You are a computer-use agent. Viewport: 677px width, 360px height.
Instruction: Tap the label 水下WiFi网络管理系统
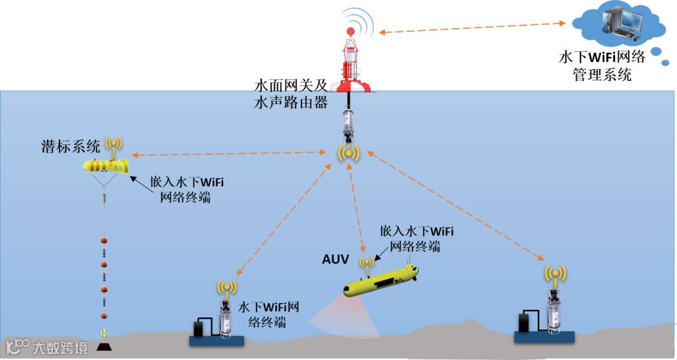[x=602, y=66]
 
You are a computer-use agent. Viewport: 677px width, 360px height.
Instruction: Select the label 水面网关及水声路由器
[x=291, y=95]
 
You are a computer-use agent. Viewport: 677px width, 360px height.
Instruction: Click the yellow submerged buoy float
[x=106, y=166]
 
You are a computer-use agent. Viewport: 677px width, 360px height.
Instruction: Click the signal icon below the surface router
[x=349, y=153]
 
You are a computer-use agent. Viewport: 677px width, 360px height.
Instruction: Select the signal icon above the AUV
[x=366, y=261]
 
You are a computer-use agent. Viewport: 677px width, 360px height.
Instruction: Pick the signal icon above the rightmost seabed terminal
[x=555, y=273]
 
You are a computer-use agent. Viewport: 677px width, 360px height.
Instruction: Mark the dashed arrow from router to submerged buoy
[x=229, y=154]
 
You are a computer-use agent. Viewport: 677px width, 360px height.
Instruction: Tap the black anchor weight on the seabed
[x=105, y=346]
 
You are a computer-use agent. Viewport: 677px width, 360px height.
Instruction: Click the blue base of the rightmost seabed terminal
[x=543, y=336]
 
